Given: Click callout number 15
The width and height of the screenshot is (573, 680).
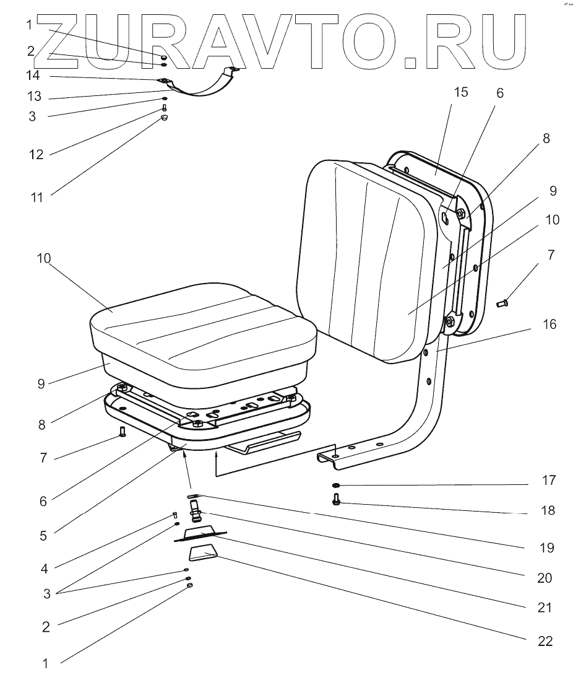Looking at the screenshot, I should tap(460, 93).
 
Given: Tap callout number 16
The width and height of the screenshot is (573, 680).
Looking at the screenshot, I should tap(548, 324).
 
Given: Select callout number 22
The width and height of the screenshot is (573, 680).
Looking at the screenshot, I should tap(545, 641).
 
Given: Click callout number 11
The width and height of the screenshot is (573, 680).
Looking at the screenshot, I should tap(37, 198).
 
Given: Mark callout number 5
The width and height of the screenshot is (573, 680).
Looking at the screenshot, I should tap(43, 535).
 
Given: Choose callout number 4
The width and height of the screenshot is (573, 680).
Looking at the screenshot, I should tap(43, 567).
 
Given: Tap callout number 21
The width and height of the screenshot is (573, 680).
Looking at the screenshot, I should tap(545, 608).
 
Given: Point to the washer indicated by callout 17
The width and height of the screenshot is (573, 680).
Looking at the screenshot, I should tap(335, 486).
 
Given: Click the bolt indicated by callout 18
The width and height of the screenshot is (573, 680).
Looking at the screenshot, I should tap(336, 499).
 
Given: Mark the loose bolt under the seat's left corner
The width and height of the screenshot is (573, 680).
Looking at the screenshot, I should tap(122, 432).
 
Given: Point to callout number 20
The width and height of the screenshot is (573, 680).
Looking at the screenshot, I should tap(545, 578).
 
